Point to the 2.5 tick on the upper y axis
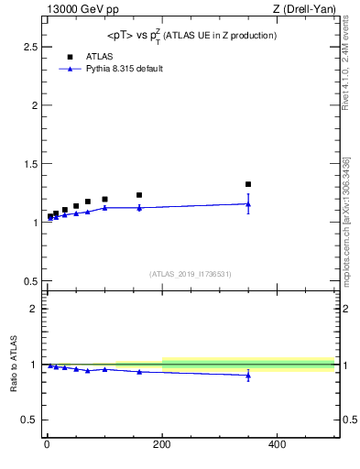[x=30, y=46]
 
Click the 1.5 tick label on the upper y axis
[x=30, y=164]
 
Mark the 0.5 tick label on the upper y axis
[x=30, y=281]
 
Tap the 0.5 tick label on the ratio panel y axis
[x=30, y=420]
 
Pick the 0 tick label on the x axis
[x=47, y=445]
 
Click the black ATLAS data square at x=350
[x=248, y=184]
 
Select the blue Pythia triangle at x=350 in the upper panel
[x=248, y=203]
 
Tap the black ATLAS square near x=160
[x=139, y=195]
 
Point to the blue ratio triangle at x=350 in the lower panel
[x=248, y=376]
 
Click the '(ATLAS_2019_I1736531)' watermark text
[x=191, y=274]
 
